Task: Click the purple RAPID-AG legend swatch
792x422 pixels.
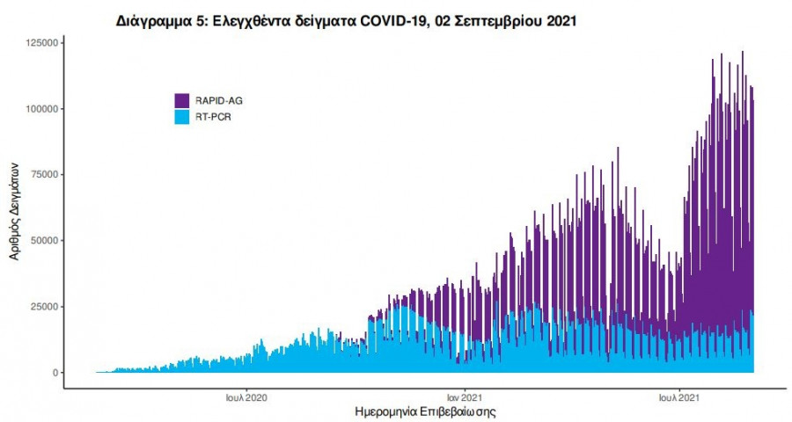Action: coord(182,100)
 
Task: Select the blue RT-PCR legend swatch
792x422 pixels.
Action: coord(182,116)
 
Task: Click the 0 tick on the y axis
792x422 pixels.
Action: coord(55,373)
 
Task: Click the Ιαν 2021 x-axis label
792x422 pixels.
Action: coord(463,397)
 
